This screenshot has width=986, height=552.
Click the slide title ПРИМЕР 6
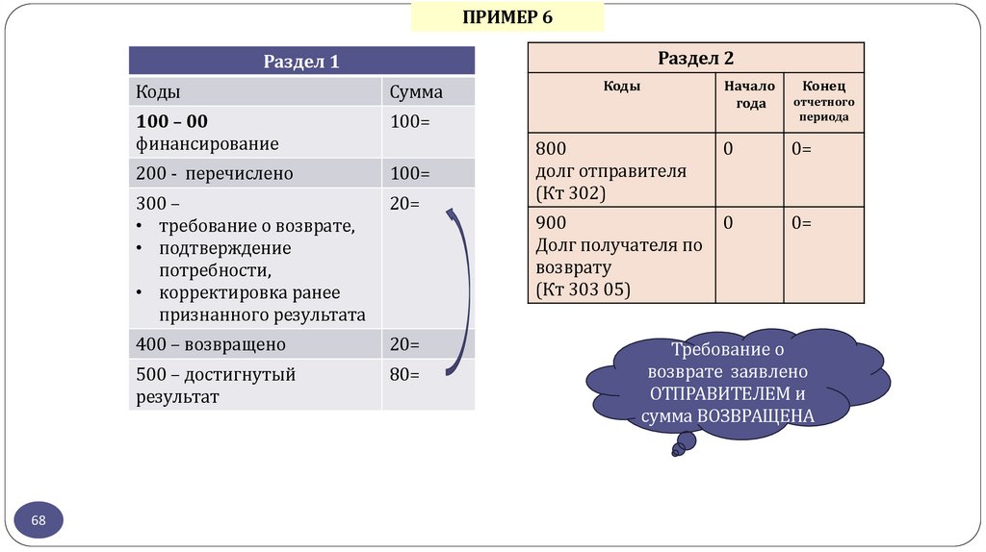(507, 17)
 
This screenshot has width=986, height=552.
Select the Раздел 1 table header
(301, 62)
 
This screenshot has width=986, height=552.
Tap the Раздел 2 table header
(695, 58)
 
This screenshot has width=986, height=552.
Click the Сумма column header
(416, 92)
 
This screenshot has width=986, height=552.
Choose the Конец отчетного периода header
(822, 100)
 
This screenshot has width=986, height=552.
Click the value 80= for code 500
(404, 374)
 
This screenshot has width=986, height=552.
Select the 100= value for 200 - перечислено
(409, 174)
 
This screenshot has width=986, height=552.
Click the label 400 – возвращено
(211, 344)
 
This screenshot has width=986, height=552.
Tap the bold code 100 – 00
(172, 122)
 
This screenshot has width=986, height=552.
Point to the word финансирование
(207, 144)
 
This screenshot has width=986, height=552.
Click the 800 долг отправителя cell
(610, 171)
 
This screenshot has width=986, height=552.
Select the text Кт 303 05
(583, 288)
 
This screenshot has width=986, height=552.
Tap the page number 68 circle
(39, 520)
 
